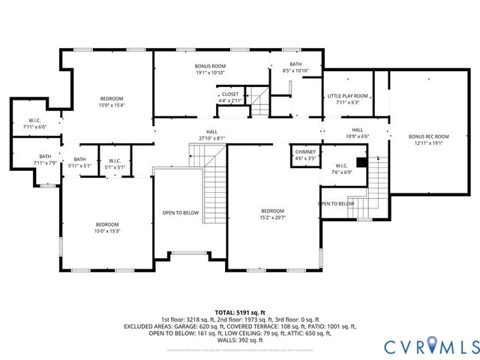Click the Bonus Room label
pos(210,70)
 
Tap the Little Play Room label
pos(347,99)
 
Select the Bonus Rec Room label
pos(428,139)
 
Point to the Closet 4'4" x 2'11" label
pos(230,97)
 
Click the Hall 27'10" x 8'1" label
pos(211,135)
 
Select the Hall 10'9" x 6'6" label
pos(357,133)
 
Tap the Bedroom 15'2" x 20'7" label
pos(272,214)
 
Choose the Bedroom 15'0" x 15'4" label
pos(112,102)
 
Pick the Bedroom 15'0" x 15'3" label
pos(107,228)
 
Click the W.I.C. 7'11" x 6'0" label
pos(34,124)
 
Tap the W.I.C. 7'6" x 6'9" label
pos(341,169)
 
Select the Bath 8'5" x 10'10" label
pos(295,67)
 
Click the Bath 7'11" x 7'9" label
pos(34,160)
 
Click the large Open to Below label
pos(181,213)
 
